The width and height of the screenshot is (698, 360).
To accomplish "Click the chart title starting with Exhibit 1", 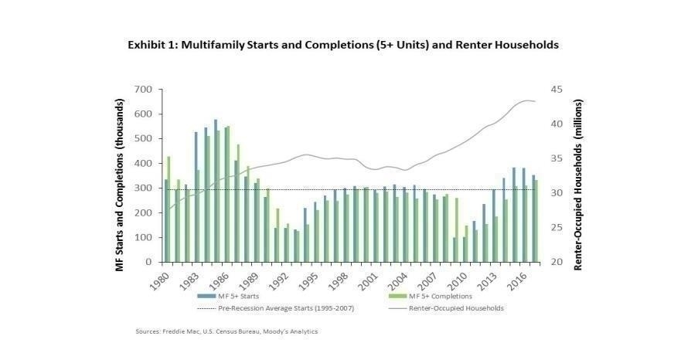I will (x=342, y=45).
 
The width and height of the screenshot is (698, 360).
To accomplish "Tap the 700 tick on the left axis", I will (x=144, y=90).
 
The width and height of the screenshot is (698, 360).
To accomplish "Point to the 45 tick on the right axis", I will (x=555, y=90).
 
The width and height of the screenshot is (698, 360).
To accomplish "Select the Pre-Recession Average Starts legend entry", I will (x=256, y=307).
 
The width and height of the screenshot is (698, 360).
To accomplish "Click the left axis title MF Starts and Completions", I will (x=121, y=175).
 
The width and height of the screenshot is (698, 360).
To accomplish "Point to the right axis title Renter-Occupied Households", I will (x=577, y=175).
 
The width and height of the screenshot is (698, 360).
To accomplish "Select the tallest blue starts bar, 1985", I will (x=216, y=191).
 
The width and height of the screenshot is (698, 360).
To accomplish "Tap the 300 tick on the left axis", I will (x=144, y=188).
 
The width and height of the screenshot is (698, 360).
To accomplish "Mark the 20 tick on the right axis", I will (x=555, y=263).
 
